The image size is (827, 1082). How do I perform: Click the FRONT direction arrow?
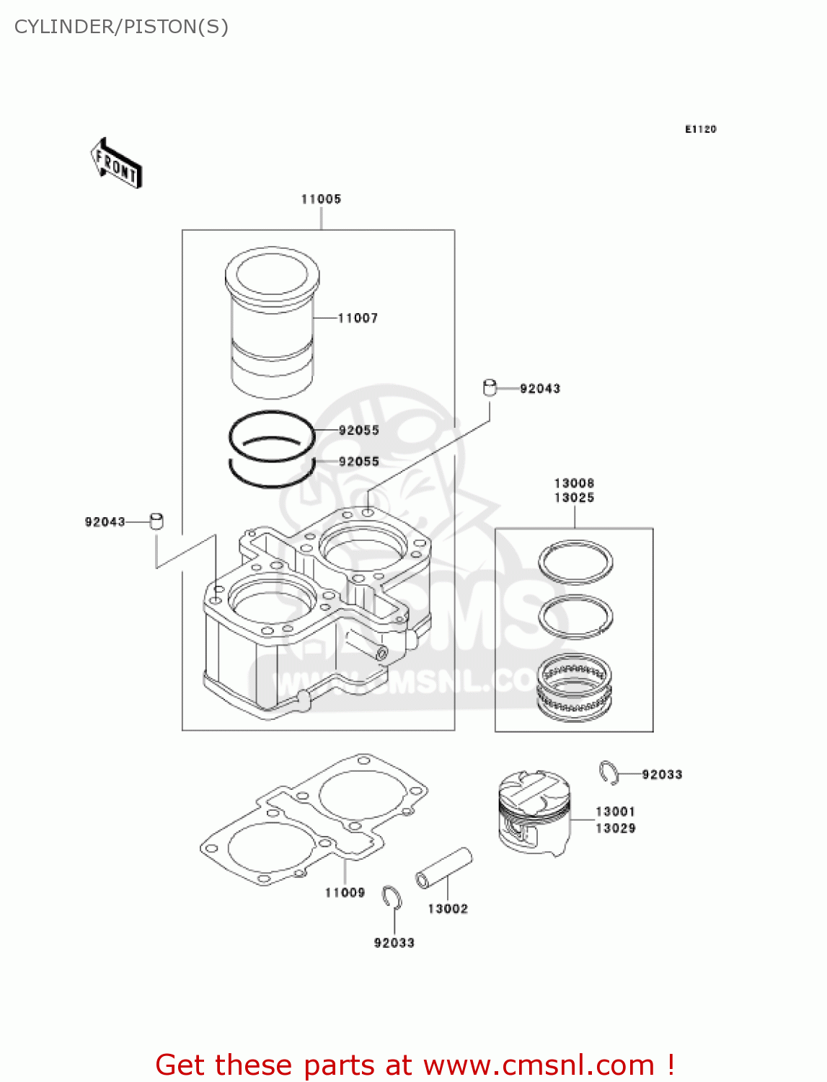[x=115, y=164]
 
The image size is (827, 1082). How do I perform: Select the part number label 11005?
[x=321, y=199]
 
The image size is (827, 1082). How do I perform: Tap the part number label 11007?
[x=358, y=318]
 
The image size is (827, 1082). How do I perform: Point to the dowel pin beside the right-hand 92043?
[x=490, y=388]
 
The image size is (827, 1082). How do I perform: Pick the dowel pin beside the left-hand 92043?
[x=156, y=521]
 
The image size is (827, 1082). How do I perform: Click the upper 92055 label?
[x=358, y=431]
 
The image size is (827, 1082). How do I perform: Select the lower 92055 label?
[x=358, y=462]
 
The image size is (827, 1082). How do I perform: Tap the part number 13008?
[x=574, y=483]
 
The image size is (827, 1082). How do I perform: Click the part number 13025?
[x=574, y=498]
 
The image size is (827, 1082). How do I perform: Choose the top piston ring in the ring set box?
[x=575, y=561]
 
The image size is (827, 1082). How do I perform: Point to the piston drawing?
[x=534, y=812]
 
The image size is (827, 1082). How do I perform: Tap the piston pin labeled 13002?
[x=443, y=868]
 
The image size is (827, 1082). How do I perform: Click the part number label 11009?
[x=345, y=893]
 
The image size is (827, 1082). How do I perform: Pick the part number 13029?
[x=615, y=829]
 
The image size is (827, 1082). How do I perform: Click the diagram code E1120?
[x=700, y=129]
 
